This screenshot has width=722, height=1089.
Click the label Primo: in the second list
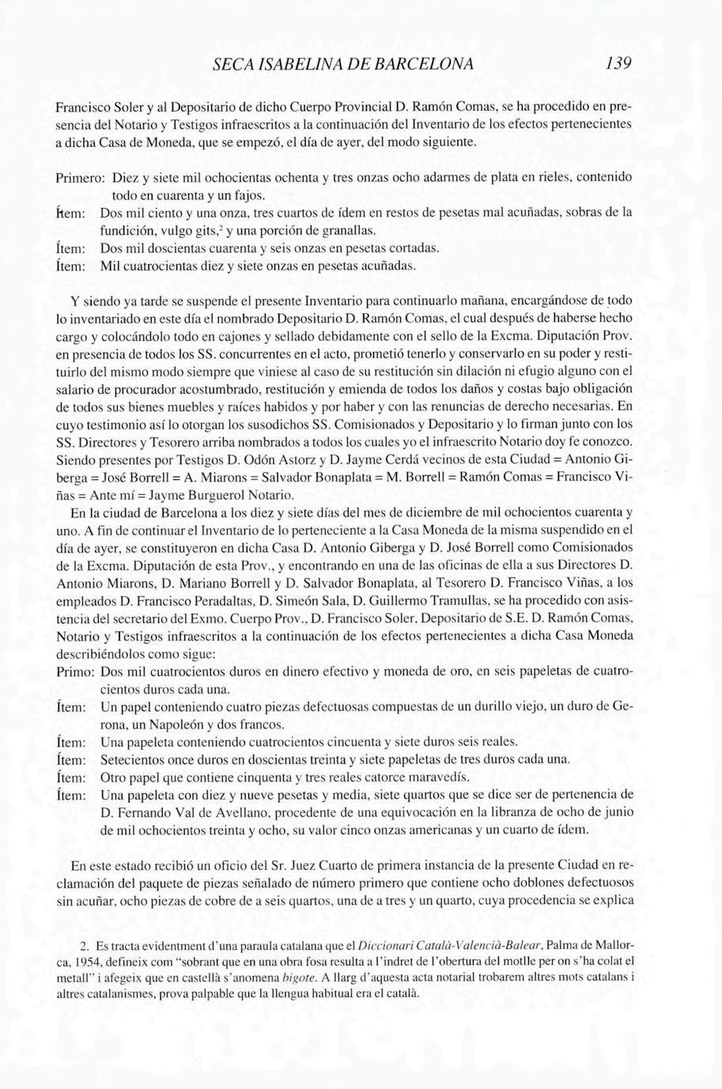point(76,671)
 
